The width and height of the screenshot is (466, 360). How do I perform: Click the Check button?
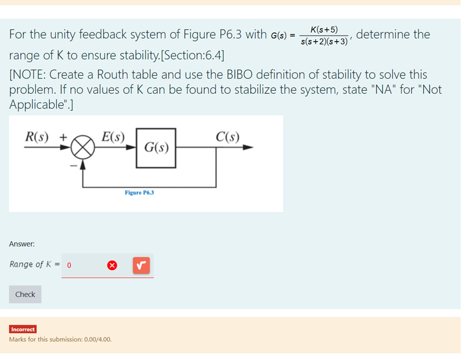pyautogui.click(x=25, y=294)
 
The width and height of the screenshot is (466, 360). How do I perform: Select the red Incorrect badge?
pyautogui.click(x=23, y=330)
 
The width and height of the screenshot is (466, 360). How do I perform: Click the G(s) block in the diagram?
pyautogui.click(x=157, y=146)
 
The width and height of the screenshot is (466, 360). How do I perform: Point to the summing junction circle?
pyautogui.click(x=83, y=148)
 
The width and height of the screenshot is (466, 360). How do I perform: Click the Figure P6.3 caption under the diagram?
pyautogui.click(x=139, y=192)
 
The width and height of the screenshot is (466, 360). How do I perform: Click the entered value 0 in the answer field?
pyautogui.click(x=69, y=265)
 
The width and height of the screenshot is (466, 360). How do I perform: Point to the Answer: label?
pyautogui.click(x=22, y=243)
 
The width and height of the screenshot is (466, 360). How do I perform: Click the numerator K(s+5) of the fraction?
pyautogui.click(x=324, y=29)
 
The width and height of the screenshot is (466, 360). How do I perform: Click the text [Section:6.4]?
pyautogui.click(x=191, y=56)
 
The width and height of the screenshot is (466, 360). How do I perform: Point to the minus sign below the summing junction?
pyautogui.click(x=74, y=166)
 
